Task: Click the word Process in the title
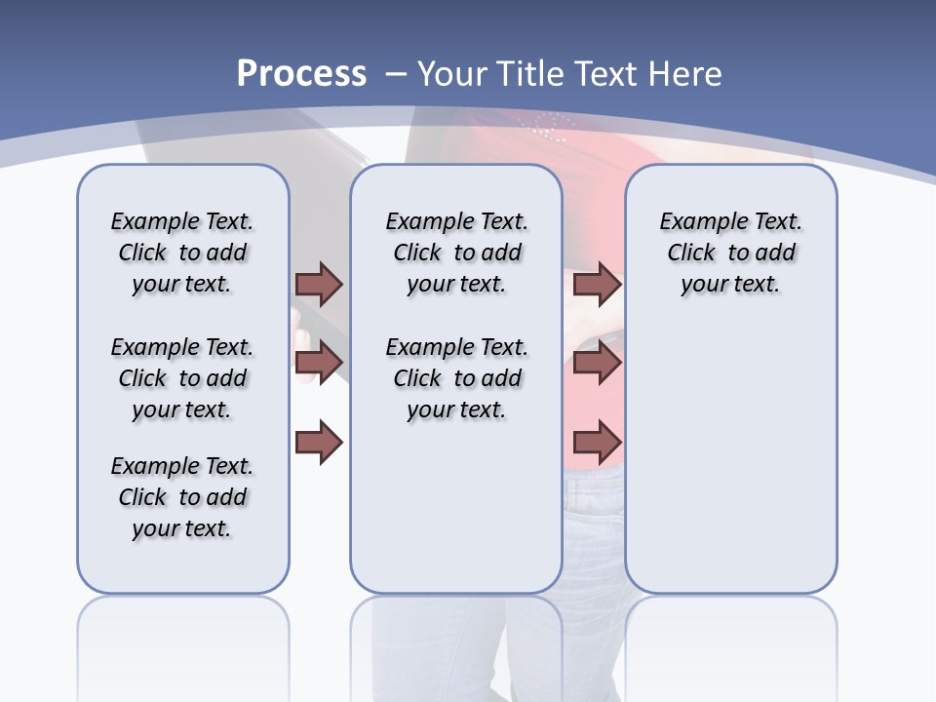(301, 73)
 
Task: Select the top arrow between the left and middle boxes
(319, 284)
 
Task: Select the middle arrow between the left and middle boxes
(319, 363)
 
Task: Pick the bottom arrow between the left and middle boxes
(319, 444)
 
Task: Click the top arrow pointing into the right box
(597, 284)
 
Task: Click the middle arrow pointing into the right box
(597, 363)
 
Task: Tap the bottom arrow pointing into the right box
(597, 444)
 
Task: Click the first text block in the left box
(182, 253)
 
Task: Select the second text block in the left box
(182, 378)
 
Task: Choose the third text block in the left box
(182, 497)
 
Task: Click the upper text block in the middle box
(456, 253)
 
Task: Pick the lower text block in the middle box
(456, 378)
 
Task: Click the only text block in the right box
(730, 253)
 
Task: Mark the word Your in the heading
(453, 73)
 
